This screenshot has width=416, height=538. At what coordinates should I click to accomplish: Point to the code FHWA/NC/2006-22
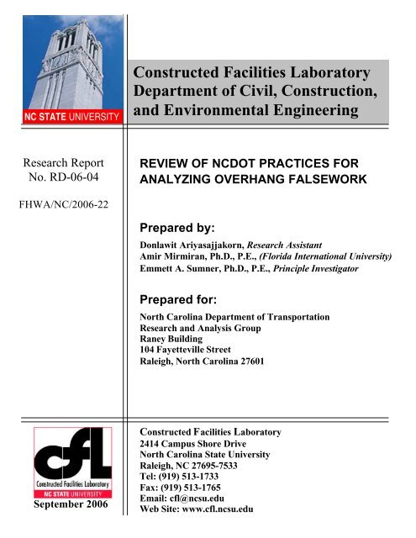point(59,202)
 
